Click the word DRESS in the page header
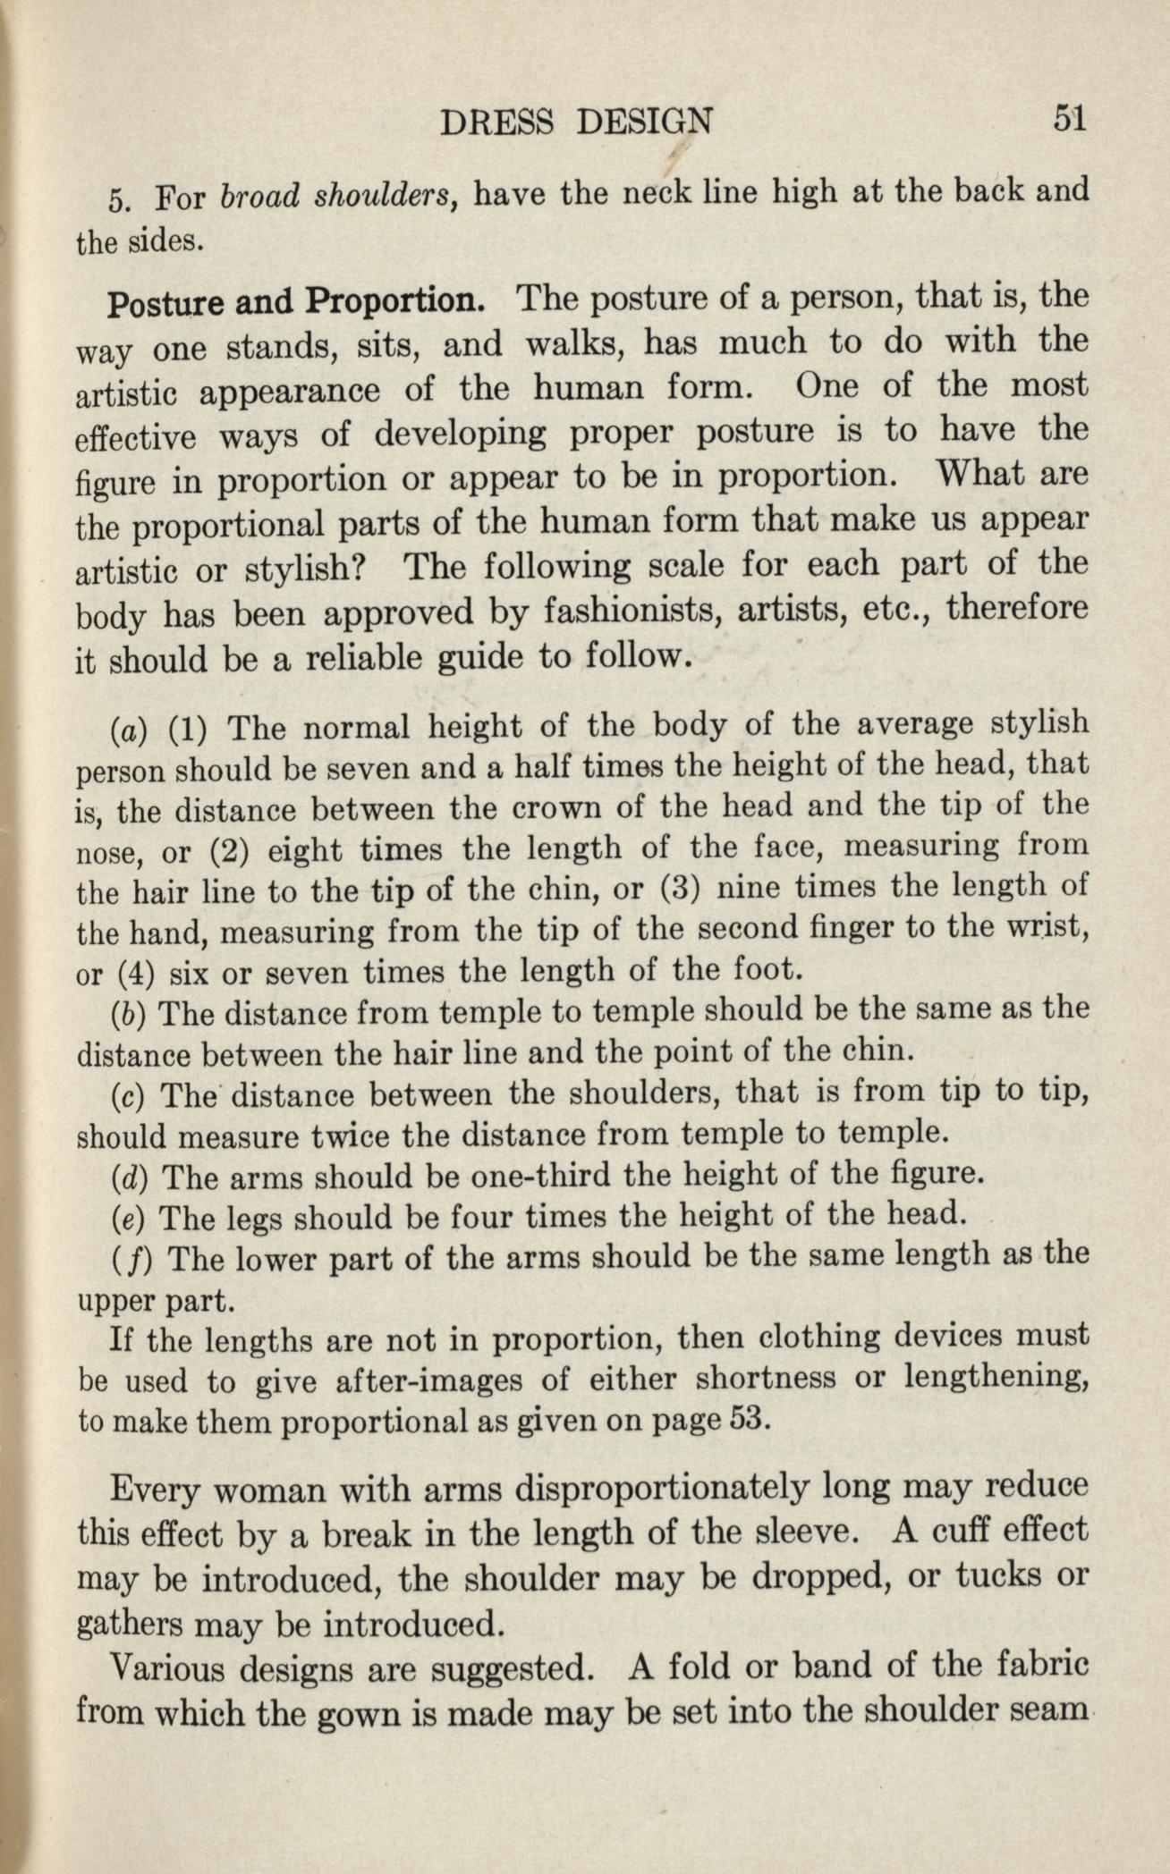500,121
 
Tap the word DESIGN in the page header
645,121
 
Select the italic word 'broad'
259,195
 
